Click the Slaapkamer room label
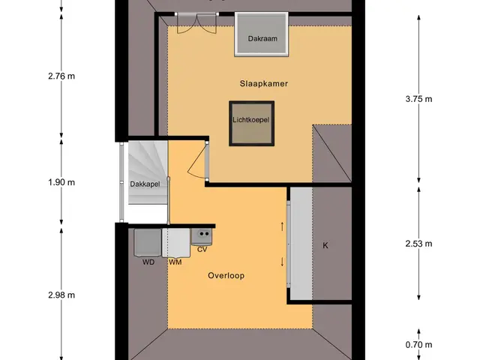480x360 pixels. (x=263, y=83)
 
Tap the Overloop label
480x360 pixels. (x=226, y=275)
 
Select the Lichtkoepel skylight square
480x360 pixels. (x=252, y=123)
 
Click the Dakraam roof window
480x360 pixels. (x=262, y=34)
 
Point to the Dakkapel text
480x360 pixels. (x=145, y=184)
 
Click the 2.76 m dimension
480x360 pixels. (x=61, y=76)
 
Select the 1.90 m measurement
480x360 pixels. (x=61, y=182)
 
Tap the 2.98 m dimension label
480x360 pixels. (x=61, y=295)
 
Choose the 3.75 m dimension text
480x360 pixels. (x=418, y=99)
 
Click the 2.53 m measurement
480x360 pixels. (x=418, y=244)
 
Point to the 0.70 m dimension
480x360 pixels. (x=418, y=345)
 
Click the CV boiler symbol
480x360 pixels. (x=202, y=237)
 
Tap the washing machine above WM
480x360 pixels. (x=176, y=243)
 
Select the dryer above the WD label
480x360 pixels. (x=148, y=242)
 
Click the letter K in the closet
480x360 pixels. (x=325, y=245)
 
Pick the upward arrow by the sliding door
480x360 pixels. (x=282, y=226)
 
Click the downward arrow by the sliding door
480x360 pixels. (x=282, y=262)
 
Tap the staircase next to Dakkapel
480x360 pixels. (x=148, y=172)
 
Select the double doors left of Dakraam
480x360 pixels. (x=196, y=23)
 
